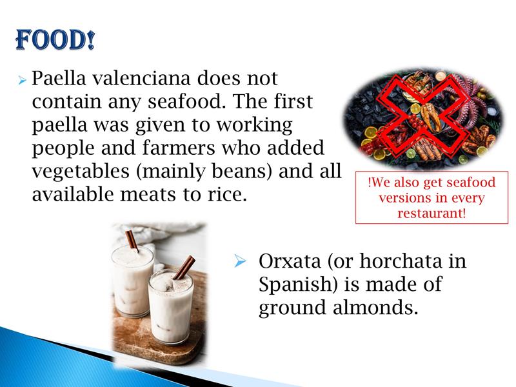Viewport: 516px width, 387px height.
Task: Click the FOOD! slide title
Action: (x=55, y=40)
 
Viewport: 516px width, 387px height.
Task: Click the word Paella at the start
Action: (x=59, y=78)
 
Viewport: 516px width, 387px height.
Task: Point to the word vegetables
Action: (x=81, y=172)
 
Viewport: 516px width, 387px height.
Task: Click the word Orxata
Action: (x=290, y=261)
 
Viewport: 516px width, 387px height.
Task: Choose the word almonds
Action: (x=375, y=308)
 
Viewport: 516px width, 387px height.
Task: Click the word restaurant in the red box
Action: (x=432, y=213)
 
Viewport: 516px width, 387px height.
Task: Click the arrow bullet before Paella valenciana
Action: (x=22, y=80)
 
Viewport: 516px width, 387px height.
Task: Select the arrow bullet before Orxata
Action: (x=240, y=261)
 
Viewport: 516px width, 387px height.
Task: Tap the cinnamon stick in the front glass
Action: (x=184, y=268)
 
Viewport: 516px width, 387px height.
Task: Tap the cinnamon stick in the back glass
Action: (x=133, y=240)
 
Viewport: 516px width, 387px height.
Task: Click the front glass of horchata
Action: (x=171, y=306)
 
